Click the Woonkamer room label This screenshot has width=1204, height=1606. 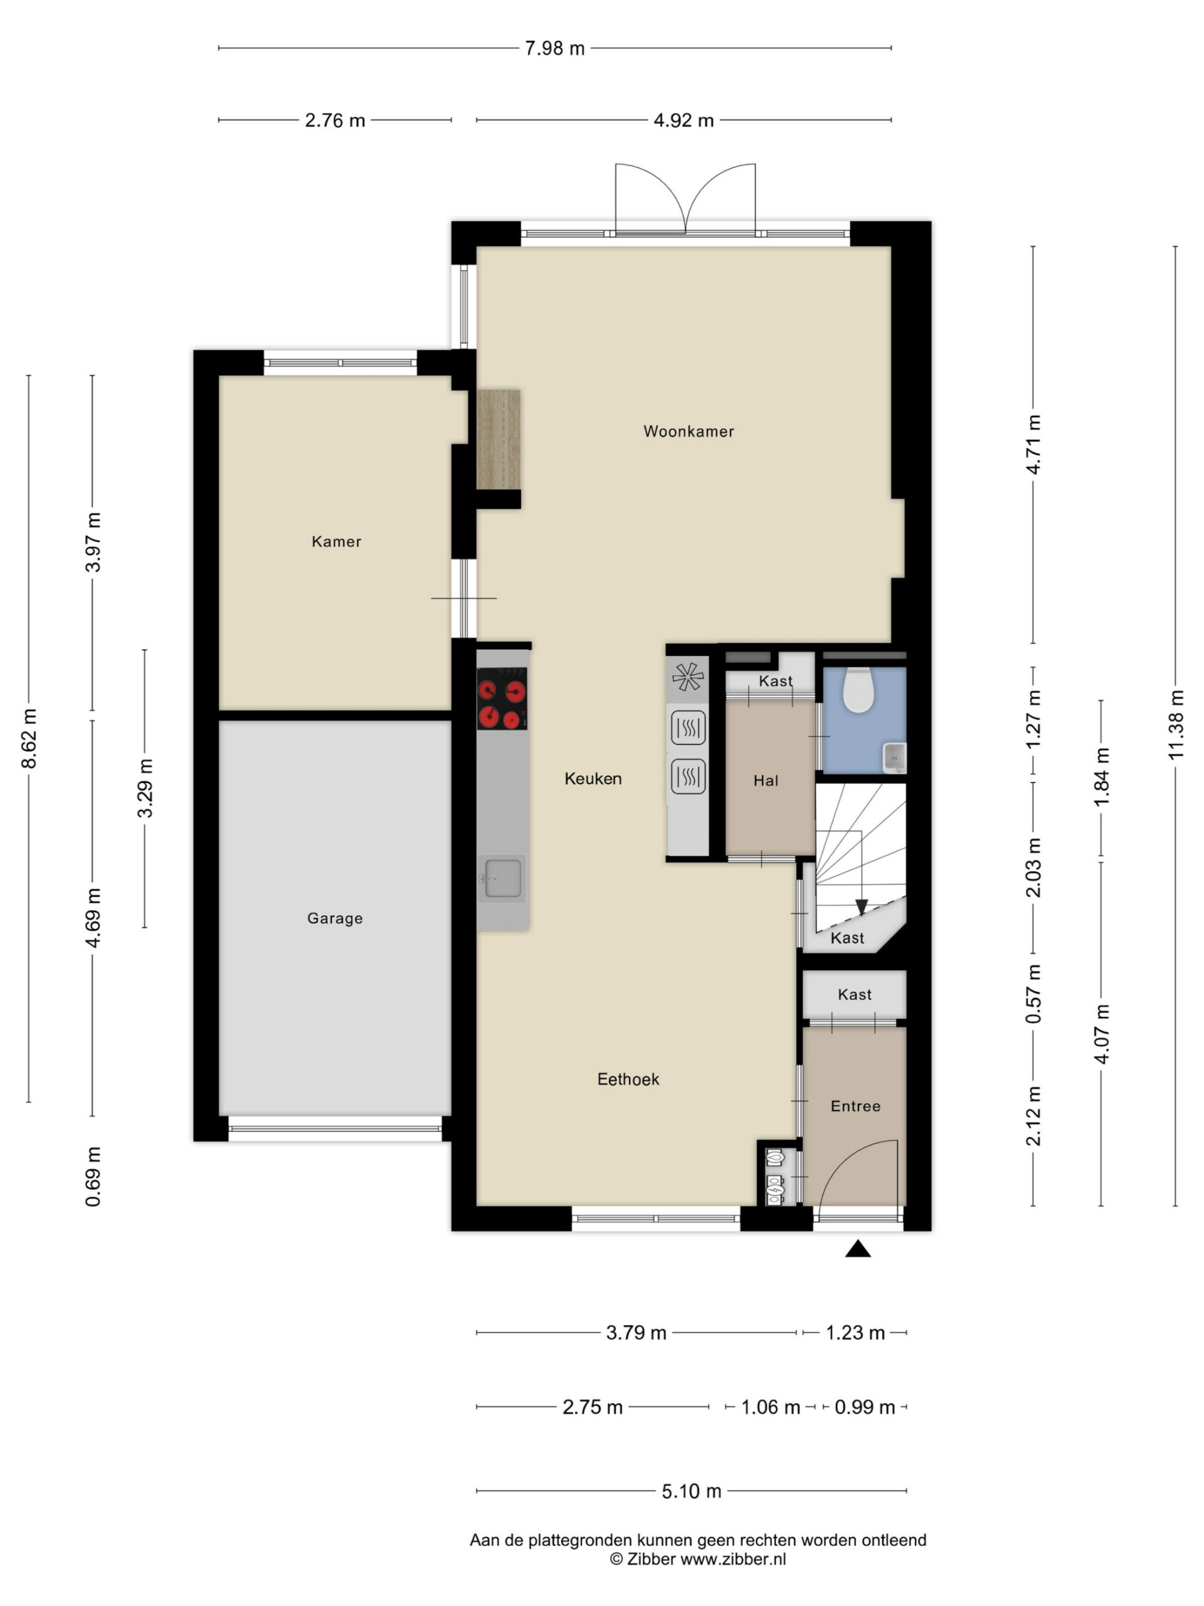pyautogui.click(x=688, y=431)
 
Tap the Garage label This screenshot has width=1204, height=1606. pyautogui.click(x=335, y=918)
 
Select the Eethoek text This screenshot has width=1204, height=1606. pyautogui.click(x=628, y=1079)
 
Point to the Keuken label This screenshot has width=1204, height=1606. pyautogui.click(x=593, y=779)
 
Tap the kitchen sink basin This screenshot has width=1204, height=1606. pyautogui.click(x=503, y=878)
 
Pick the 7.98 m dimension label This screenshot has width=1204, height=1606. pyautogui.click(x=554, y=49)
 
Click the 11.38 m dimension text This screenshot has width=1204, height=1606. pyautogui.click(x=1175, y=725)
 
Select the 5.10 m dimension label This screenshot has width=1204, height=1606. pyautogui.click(x=691, y=1491)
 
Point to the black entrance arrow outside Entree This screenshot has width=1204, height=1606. pyautogui.click(x=858, y=1248)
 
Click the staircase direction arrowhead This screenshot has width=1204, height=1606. pyautogui.click(x=861, y=907)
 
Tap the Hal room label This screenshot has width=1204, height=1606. pyautogui.click(x=766, y=780)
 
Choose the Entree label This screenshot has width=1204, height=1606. pyautogui.click(x=855, y=1106)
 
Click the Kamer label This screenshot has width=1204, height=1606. pyautogui.click(x=336, y=541)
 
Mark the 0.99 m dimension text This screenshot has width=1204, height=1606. pyautogui.click(x=864, y=1407)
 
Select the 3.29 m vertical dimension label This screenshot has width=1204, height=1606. pyautogui.click(x=145, y=789)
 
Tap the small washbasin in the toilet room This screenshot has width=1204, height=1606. pyautogui.click(x=894, y=758)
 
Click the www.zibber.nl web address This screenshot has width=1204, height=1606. pyautogui.click(x=732, y=1559)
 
